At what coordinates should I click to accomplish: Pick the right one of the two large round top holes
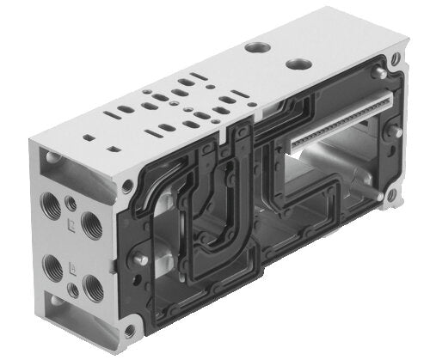coord(298,63)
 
